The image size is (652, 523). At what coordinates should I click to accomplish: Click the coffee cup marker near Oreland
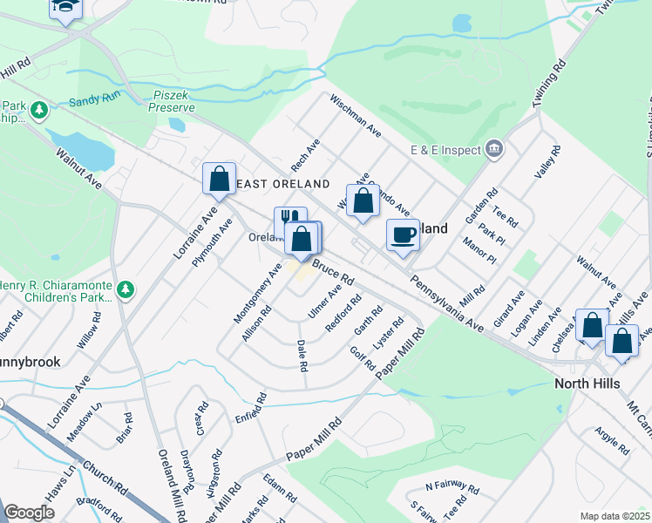click(x=403, y=235)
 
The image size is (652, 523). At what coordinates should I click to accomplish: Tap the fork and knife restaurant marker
click(x=290, y=221)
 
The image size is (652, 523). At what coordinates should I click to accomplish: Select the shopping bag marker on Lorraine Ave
click(x=219, y=178)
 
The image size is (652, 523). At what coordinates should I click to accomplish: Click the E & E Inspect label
click(x=446, y=150)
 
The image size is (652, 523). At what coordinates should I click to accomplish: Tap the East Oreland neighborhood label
click(x=283, y=184)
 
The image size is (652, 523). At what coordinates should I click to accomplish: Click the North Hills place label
click(x=587, y=384)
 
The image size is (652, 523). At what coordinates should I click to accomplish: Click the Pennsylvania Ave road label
click(x=446, y=304)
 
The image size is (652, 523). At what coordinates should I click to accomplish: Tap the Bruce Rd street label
click(x=332, y=271)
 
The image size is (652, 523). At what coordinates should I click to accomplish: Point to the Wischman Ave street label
click(x=356, y=116)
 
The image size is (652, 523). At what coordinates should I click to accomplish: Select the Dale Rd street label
click(x=302, y=356)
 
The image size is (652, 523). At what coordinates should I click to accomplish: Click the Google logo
click(x=29, y=513)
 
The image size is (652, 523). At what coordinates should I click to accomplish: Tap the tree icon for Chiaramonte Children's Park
click(x=126, y=289)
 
